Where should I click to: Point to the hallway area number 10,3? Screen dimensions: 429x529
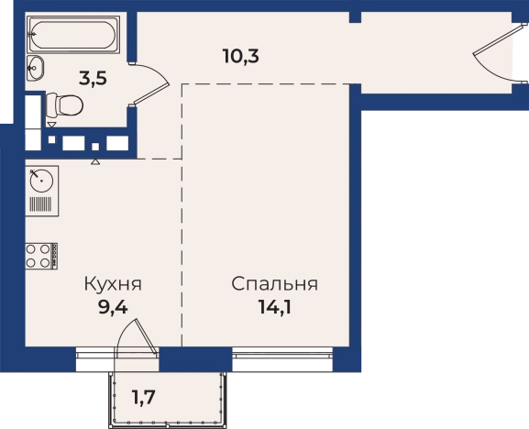[x=240, y=55]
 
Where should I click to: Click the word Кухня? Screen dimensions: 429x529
[x=115, y=284]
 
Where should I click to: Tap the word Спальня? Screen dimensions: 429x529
[x=274, y=284]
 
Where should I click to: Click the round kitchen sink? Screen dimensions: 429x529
[x=41, y=180]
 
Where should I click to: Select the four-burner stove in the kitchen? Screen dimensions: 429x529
[x=39, y=255]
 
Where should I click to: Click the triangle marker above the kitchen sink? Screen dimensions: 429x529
[x=95, y=160]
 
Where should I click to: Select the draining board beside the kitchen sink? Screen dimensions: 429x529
[x=41, y=203]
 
